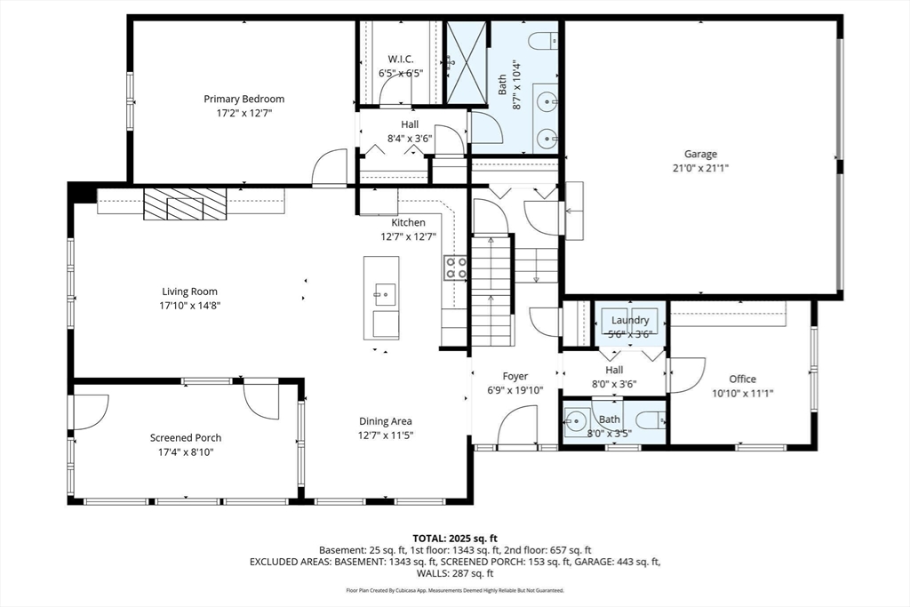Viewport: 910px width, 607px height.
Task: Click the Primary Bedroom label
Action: click(243, 99)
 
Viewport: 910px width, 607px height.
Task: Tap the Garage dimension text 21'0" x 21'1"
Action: click(700, 168)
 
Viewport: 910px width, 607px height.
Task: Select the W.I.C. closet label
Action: click(401, 60)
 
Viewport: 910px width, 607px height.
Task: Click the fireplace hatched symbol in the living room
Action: click(185, 204)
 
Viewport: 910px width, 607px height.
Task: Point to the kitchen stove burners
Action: click(456, 268)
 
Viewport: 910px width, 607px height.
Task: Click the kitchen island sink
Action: click(385, 295)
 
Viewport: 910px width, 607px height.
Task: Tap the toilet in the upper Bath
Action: click(544, 41)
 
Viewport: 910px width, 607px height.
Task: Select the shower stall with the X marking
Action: click(466, 64)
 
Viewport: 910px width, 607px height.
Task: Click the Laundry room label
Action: click(630, 320)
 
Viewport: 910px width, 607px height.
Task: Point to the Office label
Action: click(742, 379)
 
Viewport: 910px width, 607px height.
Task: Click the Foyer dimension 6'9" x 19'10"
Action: click(515, 390)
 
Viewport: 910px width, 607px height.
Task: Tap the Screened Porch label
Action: click(186, 438)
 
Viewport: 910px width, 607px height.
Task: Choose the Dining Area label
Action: click(386, 422)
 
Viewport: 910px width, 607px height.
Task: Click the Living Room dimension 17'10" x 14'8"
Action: click(190, 305)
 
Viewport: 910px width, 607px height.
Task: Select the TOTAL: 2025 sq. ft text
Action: click(455, 539)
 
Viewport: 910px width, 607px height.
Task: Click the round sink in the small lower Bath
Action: click(576, 419)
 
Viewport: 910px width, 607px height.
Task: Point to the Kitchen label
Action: click(408, 223)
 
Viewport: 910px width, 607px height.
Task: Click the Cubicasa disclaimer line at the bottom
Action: click(455, 591)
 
